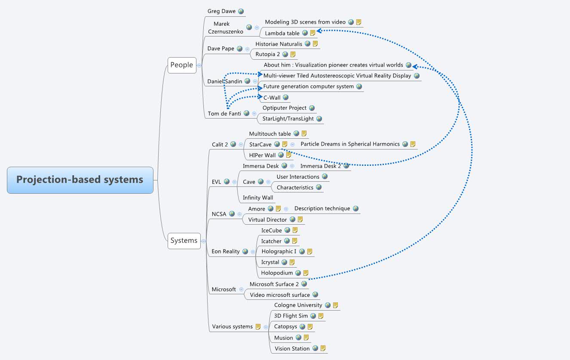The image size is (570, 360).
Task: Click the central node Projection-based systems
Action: point(80,180)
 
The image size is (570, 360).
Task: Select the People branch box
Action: point(181,65)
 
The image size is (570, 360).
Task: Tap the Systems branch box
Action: point(184,241)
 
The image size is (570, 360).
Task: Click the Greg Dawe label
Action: point(221,11)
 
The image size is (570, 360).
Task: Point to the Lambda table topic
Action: point(282,33)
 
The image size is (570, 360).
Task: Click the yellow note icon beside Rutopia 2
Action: point(293,54)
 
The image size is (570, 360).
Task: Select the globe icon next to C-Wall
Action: point(285,98)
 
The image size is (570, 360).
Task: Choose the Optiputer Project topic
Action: point(284,108)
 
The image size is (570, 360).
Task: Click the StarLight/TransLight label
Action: point(288,119)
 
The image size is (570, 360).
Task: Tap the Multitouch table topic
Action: point(270,134)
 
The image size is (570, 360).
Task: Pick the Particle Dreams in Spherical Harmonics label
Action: point(350,144)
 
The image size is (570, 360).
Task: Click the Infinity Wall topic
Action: point(258,198)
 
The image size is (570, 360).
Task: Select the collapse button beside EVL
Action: point(234,182)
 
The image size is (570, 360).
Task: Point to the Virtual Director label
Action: point(267,220)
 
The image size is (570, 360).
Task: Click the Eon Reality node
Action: point(225,251)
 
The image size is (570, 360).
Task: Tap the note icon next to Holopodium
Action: point(306,273)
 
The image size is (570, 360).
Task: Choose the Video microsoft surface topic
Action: point(280,295)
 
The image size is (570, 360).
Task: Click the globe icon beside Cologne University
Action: point(328,305)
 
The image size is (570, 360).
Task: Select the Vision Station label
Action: point(292,348)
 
